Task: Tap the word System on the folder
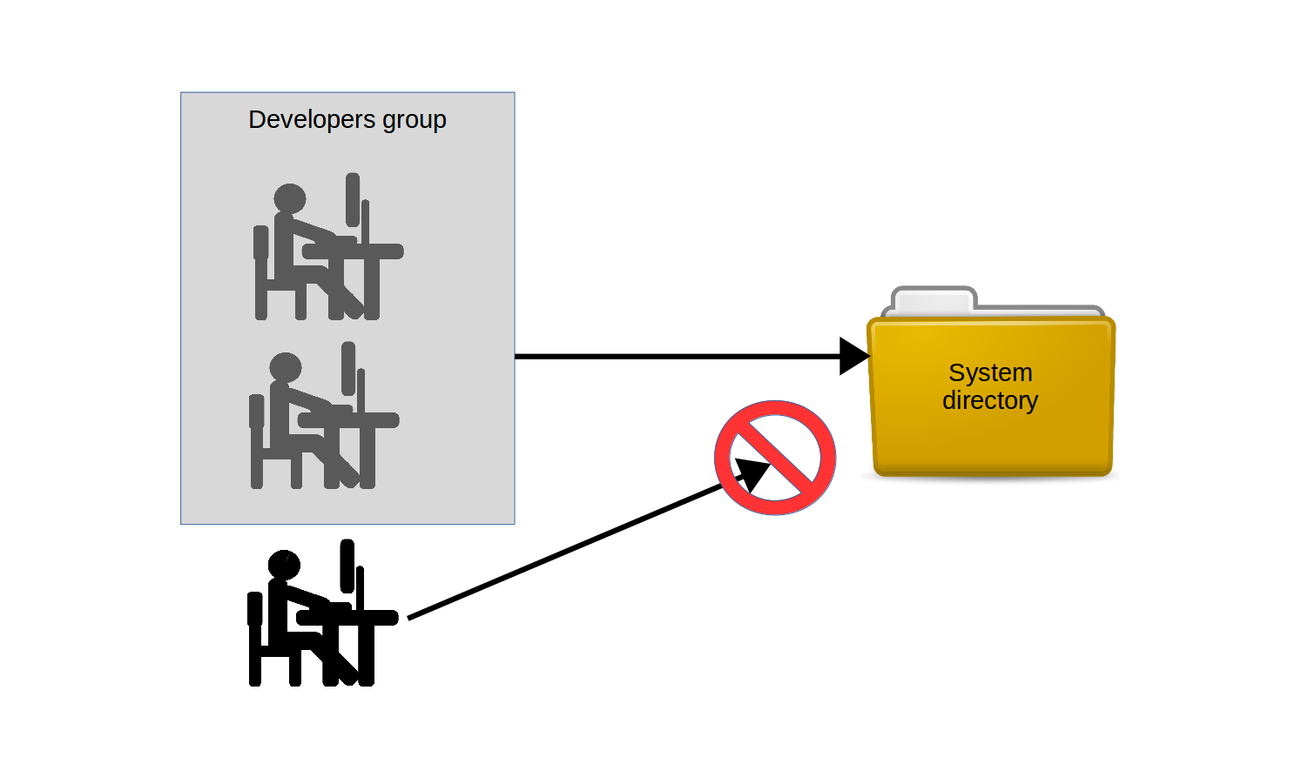[x=990, y=372]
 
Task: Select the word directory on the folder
[x=990, y=400]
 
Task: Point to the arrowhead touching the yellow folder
[x=853, y=356]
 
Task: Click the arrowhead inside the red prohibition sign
[x=752, y=473]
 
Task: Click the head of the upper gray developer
[x=290, y=198]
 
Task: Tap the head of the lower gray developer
[x=286, y=367]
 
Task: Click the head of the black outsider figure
[x=284, y=565]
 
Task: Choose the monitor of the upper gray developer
[x=353, y=198]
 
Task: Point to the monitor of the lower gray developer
[x=348, y=368]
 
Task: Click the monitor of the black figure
[x=347, y=566]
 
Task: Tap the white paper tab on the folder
[x=932, y=302]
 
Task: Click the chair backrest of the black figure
[x=254, y=609]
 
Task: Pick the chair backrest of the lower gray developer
[x=256, y=412]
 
